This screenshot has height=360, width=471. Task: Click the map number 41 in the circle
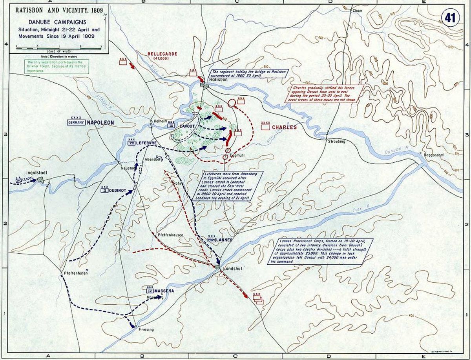(x=449, y=18)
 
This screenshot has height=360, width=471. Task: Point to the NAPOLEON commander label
(x=101, y=123)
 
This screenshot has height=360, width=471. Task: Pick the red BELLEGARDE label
(x=162, y=54)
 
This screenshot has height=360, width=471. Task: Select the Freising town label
(x=146, y=329)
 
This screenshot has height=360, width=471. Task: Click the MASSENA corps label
(x=164, y=291)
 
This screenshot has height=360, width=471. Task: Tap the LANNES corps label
(x=224, y=240)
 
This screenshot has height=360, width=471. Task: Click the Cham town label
(x=357, y=11)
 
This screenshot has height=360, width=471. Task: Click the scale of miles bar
(x=59, y=47)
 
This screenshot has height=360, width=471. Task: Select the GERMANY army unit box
(x=76, y=123)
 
